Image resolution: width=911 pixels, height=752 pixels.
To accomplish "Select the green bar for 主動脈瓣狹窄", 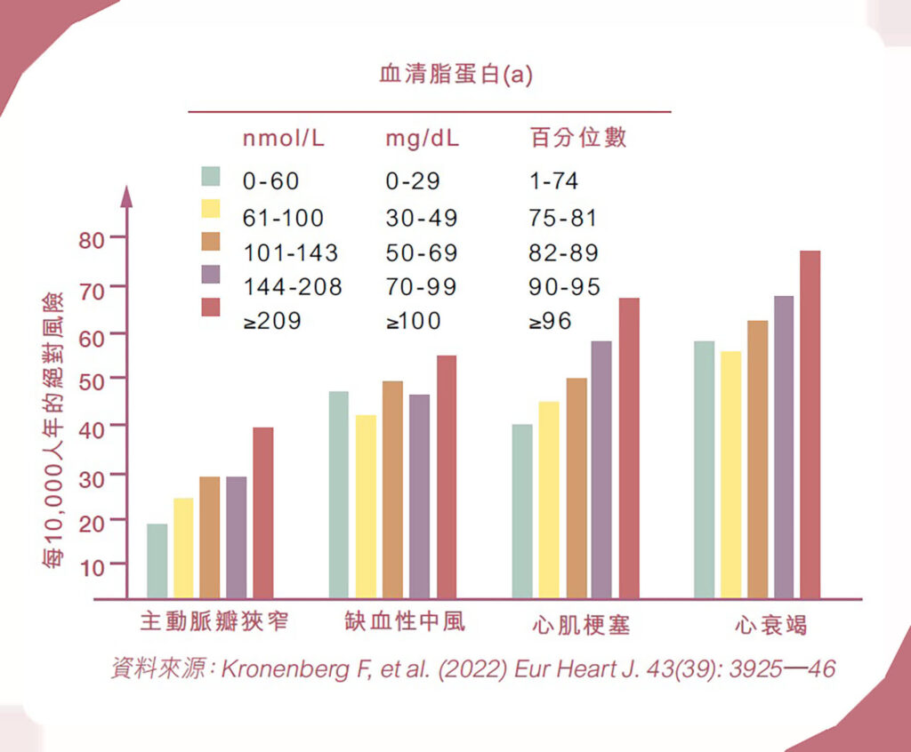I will (157, 561).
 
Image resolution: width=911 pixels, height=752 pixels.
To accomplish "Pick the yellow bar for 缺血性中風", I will (366, 506).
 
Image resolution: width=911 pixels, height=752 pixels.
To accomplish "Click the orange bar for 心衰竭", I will (757, 459).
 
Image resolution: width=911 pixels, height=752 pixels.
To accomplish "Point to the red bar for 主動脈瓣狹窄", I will (262, 513).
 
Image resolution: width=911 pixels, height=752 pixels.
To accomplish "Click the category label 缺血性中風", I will (405, 621).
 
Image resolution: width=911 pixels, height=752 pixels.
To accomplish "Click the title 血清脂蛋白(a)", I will (455, 75).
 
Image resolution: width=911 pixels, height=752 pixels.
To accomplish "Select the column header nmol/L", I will (284, 139).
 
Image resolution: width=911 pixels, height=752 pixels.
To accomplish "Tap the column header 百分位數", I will (578, 138).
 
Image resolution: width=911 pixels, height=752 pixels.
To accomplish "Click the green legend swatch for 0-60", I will (211, 176).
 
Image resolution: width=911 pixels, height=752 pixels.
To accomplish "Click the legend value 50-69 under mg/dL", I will (422, 252).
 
